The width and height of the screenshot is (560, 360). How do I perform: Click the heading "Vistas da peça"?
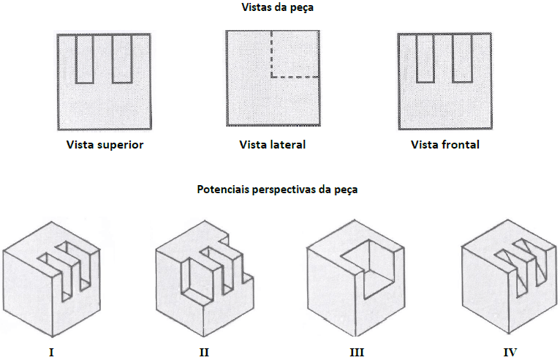(278, 7)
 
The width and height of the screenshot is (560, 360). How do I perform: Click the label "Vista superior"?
(105, 145)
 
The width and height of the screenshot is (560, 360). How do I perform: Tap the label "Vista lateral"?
(273, 144)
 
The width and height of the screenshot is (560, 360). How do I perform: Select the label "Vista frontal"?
(445, 144)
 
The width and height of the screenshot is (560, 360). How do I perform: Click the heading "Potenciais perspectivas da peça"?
(277, 189)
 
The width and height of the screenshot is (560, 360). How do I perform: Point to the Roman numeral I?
(51, 352)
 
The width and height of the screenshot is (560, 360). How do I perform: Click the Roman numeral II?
(204, 352)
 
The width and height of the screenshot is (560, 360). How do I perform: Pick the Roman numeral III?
(357, 352)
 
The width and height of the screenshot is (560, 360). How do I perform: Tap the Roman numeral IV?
(510, 352)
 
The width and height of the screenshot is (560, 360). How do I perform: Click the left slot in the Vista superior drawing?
(85, 59)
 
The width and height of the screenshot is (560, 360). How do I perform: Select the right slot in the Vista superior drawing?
(122, 59)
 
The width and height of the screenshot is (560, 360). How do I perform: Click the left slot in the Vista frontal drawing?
(425, 59)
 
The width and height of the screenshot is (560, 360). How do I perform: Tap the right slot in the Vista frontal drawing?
(462, 59)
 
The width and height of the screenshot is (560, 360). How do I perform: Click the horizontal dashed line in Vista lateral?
(295, 77)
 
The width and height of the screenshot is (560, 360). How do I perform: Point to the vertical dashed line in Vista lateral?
(271, 54)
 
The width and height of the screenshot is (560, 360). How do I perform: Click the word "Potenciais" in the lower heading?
(223, 189)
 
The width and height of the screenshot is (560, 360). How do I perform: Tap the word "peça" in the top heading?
(302, 8)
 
